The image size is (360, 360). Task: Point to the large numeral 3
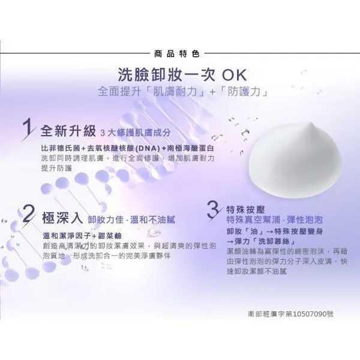coord(213,209)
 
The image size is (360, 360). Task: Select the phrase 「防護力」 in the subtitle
coord(239,93)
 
